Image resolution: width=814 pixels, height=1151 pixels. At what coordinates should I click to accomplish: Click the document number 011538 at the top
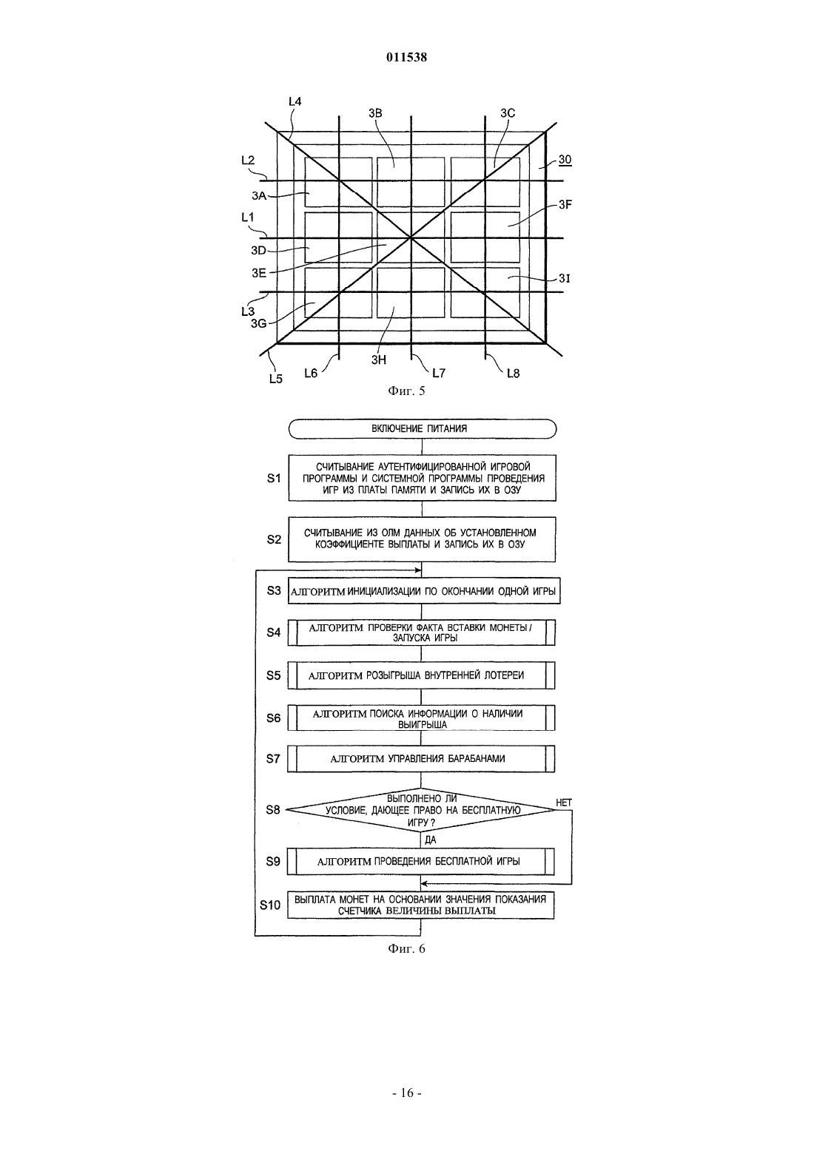pyautogui.click(x=406, y=57)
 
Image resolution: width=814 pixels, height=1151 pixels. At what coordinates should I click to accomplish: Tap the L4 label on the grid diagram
pyautogui.click(x=295, y=101)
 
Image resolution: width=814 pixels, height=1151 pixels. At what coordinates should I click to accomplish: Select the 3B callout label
pyautogui.click(x=376, y=113)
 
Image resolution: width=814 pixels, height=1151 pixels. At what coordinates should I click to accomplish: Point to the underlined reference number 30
pyautogui.click(x=565, y=160)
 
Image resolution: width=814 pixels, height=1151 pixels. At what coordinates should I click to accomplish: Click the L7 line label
pyautogui.click(x=438, y=373)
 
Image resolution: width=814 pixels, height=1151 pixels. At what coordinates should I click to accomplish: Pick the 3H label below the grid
pyautogui.click(x=379, y=360)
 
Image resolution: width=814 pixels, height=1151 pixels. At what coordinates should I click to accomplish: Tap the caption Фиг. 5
pyautogui.click(x=406, y=391)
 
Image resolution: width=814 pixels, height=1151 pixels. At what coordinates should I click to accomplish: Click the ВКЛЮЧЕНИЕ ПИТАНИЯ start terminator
pyautogui.click(x=423, y=428)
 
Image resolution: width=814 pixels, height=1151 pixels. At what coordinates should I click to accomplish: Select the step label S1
pyautogui.click(x=274, y=479)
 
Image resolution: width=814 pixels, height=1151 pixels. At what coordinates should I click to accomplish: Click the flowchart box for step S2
pyautogui.click(x=422, y=539)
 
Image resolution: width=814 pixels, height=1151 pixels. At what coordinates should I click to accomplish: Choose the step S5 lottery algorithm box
pyautogui.click(x=421, y=675)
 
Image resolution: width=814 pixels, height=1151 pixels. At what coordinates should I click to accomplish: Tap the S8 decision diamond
pyautogui.click(x=420, y=810)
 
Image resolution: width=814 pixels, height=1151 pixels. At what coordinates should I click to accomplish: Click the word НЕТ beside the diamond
pyautogui.click(x=564, y=803)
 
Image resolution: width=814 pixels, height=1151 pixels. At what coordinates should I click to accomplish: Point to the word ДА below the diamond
pyautogui.click(x=431, y=840)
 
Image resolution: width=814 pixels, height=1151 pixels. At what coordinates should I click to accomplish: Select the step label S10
pyautogui.click(x=270, y=905)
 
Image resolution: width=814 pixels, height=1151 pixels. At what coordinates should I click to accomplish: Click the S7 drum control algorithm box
pyautogui.click(x=421, y=758)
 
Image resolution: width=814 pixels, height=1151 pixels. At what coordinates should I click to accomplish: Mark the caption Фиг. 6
pyautogui.click(x=406, y=948)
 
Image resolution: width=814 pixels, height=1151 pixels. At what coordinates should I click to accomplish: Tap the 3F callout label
pyautogui.click(x=565, y=205)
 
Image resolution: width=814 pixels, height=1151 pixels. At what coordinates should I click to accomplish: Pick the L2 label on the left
pyautogui.click(x=248, y=160)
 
